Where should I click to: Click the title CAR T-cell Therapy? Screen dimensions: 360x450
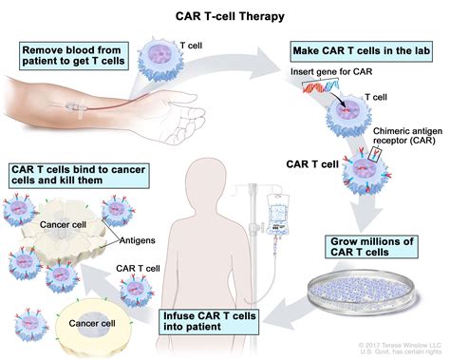(x=225, y=14)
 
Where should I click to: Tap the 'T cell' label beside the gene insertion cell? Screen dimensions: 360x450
(x=377, y=96)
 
